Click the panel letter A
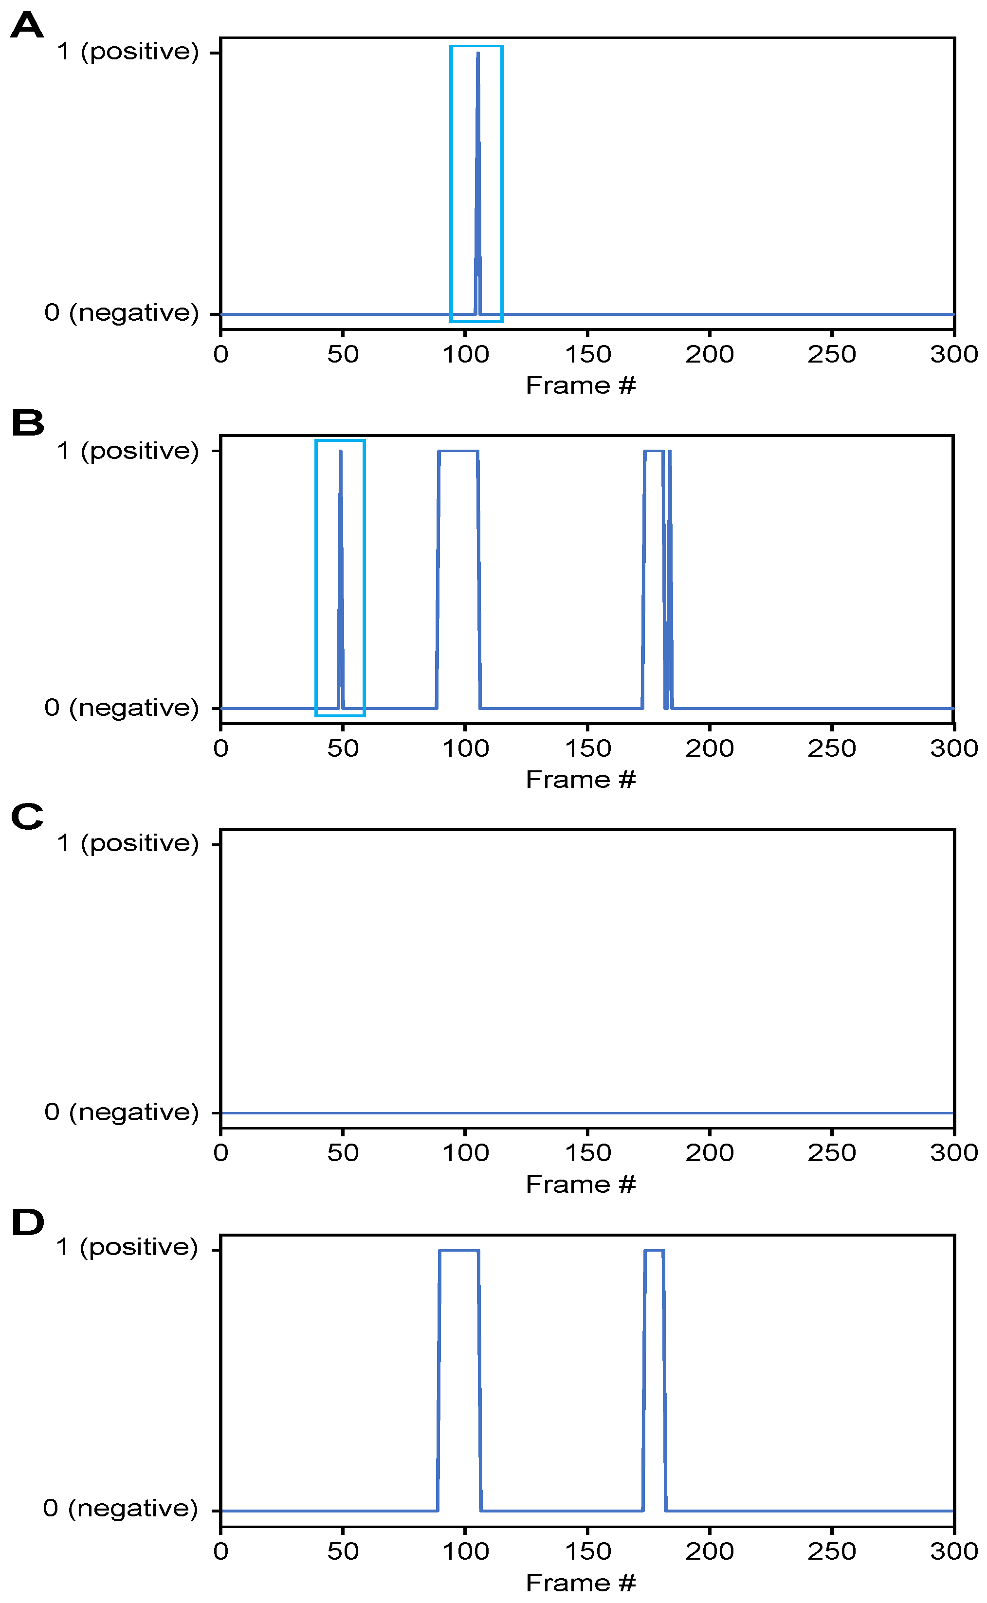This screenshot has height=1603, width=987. click(27, 26)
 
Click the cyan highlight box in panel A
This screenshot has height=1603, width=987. click(451, 183)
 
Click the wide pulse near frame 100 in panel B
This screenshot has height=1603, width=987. click(458, 451)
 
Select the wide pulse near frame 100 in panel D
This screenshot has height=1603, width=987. click(459, 1251)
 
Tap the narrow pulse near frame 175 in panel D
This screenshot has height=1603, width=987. click(654, 1251)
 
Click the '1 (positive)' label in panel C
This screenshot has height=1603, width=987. click(128, 843)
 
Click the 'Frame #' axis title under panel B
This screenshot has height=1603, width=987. click(580, 779)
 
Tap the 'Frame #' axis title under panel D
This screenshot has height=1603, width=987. click(580, 1583)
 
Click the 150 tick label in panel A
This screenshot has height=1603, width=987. click(587, 354)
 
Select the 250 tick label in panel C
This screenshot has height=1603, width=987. click(832, 1153)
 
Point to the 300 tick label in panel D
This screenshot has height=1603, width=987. click(954, 1551)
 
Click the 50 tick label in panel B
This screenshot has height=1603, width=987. click(343, 748)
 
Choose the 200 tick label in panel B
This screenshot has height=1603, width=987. click(710, 748)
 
